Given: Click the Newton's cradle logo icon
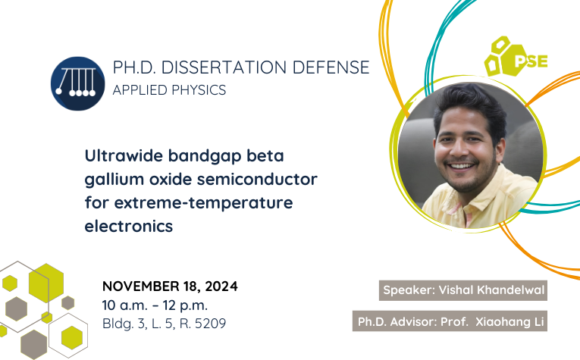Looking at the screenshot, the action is (x=77, y=83).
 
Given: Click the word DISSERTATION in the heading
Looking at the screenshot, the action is (x=224, y=67).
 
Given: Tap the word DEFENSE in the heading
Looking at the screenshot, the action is (x=331, y=67).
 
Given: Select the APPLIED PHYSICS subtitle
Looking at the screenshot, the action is (x=169, y=90).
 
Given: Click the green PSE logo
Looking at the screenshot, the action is (x=516, y=57).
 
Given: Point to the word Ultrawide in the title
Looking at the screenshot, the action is (x=124, y=155).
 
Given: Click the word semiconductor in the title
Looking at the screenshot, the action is (x=257, y=180).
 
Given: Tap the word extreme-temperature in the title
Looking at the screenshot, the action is (x=203, y=203).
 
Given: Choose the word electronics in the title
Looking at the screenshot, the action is (x=129, y=226).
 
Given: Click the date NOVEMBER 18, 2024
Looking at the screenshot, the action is (x=170, y=286).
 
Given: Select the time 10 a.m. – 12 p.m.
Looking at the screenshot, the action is (x=155, y=305).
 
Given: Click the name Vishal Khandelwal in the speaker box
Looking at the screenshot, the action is (x=491, y=290).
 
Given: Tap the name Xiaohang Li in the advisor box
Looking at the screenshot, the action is (x=509, y=321).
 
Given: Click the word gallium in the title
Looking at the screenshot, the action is (x=114, y=180).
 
